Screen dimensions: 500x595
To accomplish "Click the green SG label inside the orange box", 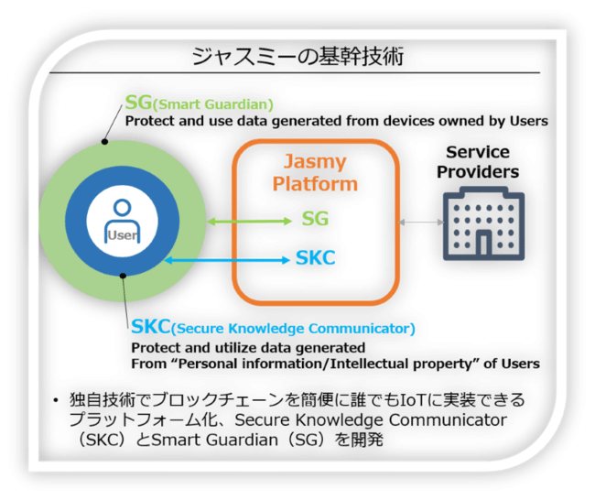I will [315, 220].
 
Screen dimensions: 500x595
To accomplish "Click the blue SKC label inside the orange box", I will [315, 259].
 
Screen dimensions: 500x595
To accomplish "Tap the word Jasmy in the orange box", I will [315, 162].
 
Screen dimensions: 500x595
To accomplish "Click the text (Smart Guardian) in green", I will [213, 104].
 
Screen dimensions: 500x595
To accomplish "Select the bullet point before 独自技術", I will [56, 401].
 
